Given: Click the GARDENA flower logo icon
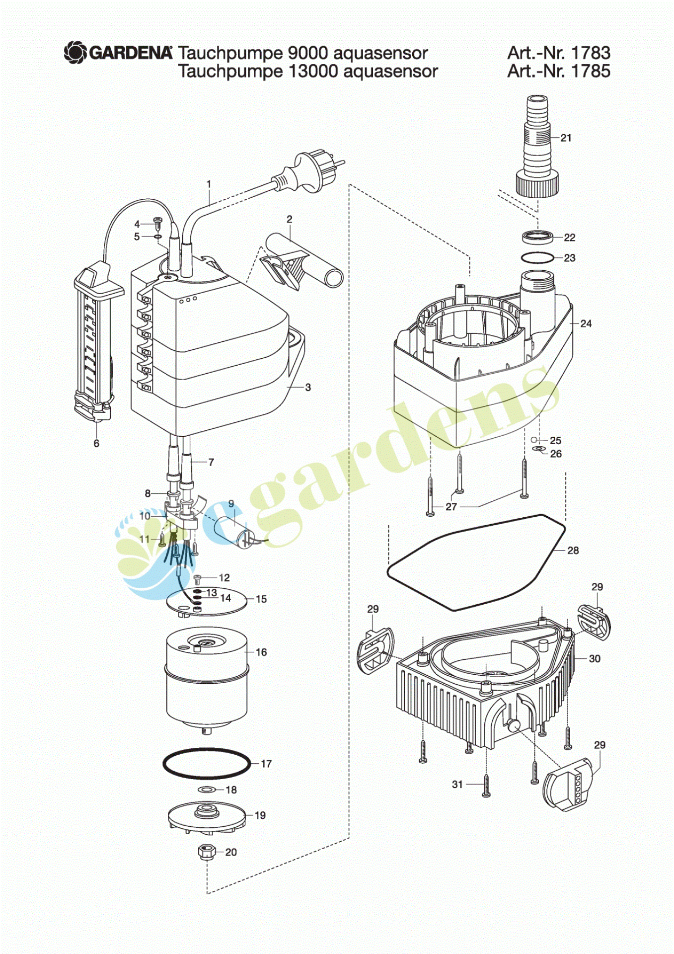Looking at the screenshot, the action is tap(76, 52).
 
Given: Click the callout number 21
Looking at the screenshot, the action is tap(566, 138).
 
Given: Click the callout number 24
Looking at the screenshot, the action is tap(586, 323).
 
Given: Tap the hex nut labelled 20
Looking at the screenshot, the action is tap(206, 852).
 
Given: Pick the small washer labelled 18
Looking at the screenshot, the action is tap(207, 790).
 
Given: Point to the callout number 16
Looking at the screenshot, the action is tap(261, 652).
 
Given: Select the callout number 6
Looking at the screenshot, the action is tap(96, 443).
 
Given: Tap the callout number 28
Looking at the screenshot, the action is tap(573, 550).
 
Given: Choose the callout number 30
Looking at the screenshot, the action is tap(595, 658).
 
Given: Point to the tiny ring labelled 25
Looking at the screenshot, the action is tap(534, 440).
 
